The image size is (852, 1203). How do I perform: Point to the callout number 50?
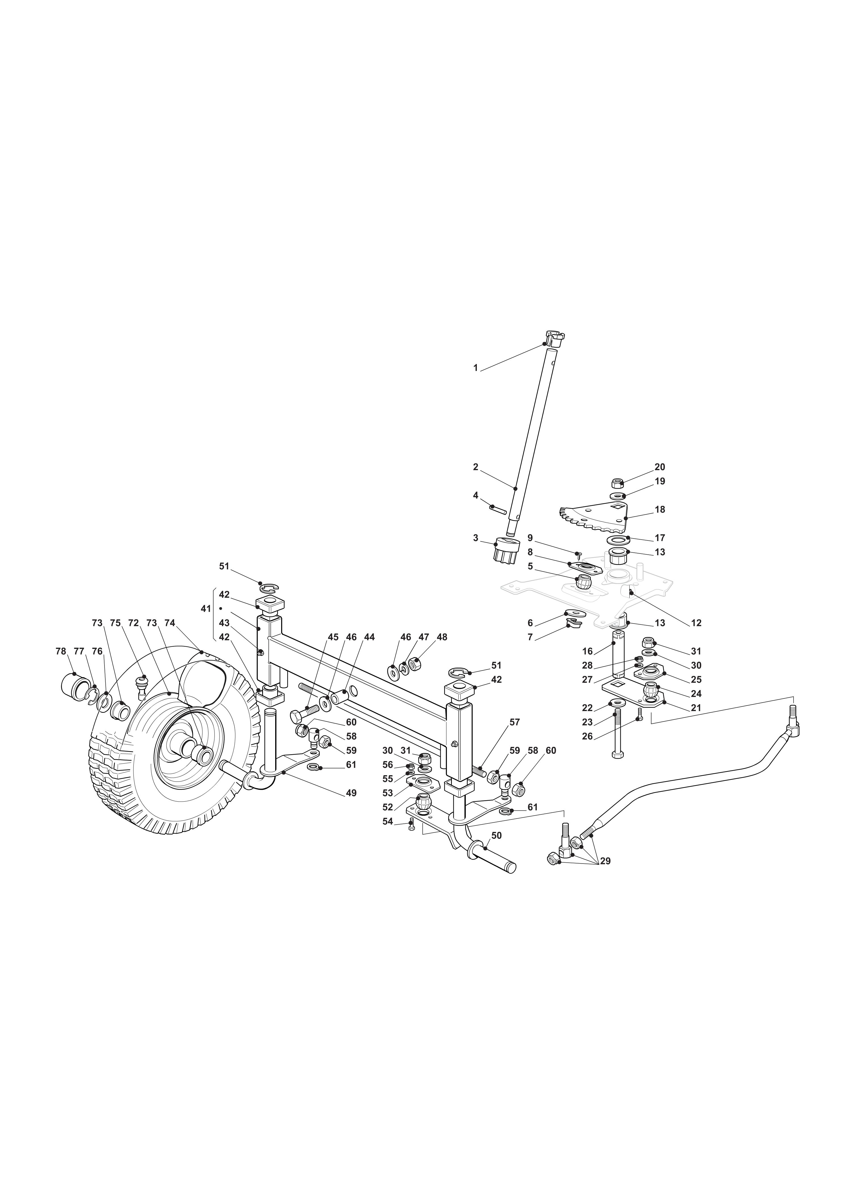click(497, 835)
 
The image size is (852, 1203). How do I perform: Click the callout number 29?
click(605, 861)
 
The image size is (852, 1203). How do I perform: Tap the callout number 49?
click(351, 793)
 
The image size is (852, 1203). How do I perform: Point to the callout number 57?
click(515, 722)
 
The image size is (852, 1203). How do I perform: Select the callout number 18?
click(660, 509)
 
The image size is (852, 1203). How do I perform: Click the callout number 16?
click(588, 651)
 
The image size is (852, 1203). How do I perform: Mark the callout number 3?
click(476, 538)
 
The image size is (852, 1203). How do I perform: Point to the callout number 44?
click(369, 637)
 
